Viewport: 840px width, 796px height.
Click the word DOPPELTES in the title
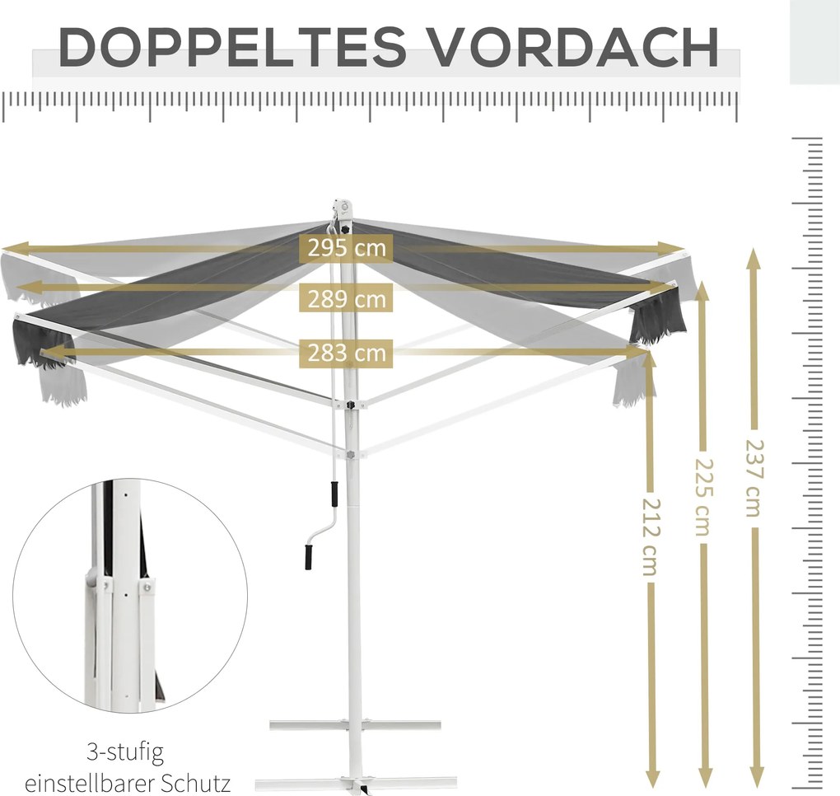232,47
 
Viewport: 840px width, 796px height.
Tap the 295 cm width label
347,248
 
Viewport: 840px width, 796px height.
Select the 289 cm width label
347,298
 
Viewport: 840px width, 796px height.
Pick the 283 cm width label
347,354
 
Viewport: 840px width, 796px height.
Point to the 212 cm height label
651,537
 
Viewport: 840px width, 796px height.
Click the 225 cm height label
704,498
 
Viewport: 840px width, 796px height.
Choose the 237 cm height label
755,479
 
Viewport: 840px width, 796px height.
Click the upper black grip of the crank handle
334,493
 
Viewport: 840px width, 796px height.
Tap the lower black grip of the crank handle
309,558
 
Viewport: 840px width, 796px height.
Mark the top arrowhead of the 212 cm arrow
651,361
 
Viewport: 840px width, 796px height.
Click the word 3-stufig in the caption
125,752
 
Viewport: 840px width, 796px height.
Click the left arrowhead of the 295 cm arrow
13,248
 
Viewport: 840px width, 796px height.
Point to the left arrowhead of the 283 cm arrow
52,352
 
